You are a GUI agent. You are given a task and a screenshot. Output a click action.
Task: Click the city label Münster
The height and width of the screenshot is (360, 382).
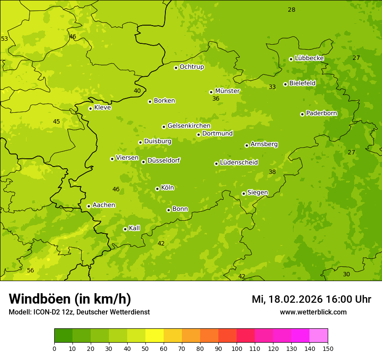point(227,91)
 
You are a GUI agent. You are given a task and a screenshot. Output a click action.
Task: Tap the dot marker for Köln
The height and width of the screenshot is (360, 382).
point(157,189)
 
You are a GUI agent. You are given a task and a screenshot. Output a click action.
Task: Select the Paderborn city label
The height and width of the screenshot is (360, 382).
point(321,113)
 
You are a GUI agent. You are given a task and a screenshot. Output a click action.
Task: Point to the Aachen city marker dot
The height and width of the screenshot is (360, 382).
point(89,206)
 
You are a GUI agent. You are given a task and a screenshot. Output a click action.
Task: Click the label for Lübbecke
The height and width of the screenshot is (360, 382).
point(309,58)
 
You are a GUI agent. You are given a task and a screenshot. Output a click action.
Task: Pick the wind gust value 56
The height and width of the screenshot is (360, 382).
point(30,270)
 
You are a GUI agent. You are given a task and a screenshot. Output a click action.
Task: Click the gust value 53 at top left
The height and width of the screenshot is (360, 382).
point(4,39)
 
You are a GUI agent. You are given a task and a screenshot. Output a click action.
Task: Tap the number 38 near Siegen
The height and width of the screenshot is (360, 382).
point(272,172)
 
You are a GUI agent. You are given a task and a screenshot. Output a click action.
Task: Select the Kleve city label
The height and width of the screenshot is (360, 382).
point(102,107)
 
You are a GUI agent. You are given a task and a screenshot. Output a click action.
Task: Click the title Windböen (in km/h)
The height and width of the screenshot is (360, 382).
point(70,299)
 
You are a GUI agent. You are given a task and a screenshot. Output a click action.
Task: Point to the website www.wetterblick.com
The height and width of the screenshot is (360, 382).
point(313,312)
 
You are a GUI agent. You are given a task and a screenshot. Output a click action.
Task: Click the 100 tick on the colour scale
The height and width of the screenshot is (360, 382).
point(237,348)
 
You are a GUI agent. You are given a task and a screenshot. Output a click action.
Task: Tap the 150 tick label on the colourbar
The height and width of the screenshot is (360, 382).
point(328,348)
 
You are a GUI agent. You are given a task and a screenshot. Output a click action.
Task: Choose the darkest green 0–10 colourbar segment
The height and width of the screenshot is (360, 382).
point(63,336)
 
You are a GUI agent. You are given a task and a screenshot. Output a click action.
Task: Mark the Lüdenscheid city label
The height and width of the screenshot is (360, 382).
point(239,163)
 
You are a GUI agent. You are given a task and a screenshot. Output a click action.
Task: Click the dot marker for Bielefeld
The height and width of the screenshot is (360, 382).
point(285,84)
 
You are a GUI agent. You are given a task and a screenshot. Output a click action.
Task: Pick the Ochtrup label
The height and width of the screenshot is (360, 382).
point(191,67)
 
